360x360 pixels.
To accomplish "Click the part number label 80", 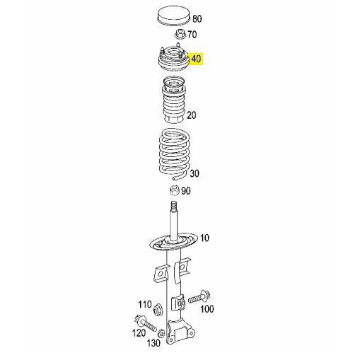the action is coord(197,19).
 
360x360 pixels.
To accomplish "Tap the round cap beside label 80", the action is coord(174,16).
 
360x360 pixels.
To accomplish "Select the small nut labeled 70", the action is coord(180,34).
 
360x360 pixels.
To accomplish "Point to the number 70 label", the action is coord(192,35).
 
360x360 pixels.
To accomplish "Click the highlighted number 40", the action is coord(196,59).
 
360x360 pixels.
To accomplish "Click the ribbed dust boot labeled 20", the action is coord(174,100).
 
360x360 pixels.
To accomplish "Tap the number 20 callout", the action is coord(192,115).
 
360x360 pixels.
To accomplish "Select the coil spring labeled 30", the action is coord(175,153).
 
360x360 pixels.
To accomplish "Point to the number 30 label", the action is coord(194,173).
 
